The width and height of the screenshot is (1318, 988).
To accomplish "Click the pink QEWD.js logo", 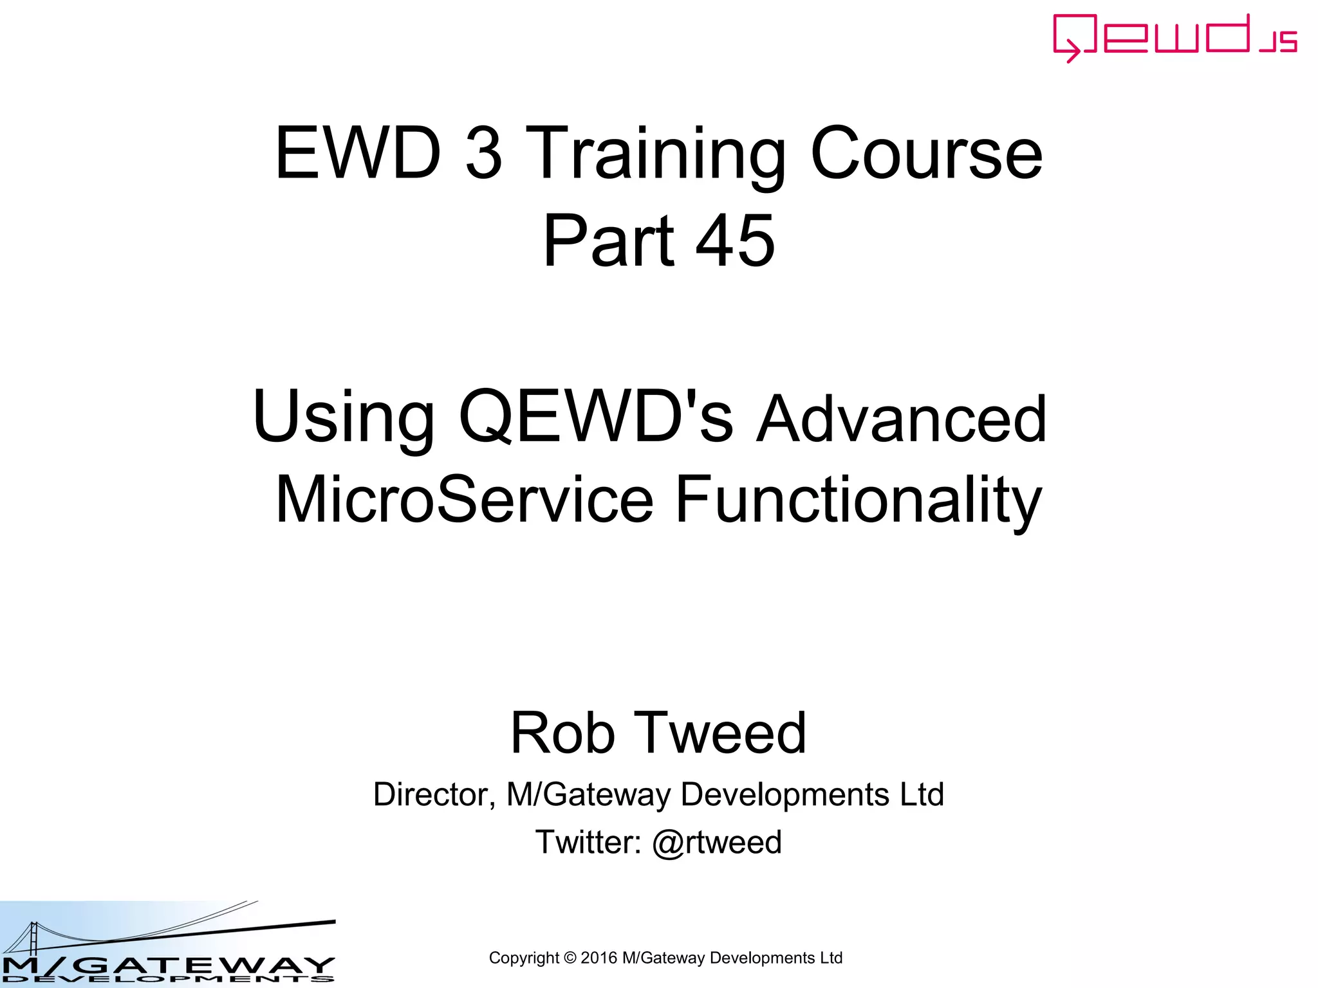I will coord(1174,37).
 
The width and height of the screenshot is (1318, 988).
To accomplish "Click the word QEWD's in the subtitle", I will coord(595,417).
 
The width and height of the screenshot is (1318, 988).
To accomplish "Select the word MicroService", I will coord(464,500).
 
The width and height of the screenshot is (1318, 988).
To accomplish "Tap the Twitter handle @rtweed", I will coord(717,842).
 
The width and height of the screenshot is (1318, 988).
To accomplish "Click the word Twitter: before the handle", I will coord(588,842).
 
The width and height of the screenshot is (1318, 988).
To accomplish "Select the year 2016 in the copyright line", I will coord(599,958).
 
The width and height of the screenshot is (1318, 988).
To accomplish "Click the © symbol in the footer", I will coord(570,958).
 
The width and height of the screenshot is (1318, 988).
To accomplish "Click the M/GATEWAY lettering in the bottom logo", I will coord(167,964).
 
